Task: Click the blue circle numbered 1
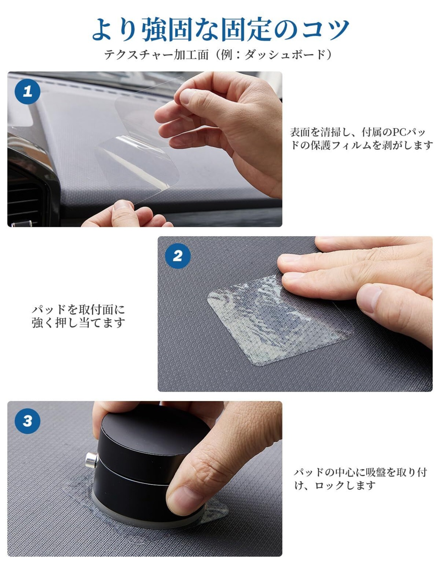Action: click(x=27, y=92)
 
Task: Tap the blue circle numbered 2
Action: click(x=178, y=256)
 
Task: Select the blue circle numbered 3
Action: click(x=27, y=421)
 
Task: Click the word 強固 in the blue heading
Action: click(x=167, y=29)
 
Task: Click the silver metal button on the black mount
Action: click(x=91, y=460)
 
